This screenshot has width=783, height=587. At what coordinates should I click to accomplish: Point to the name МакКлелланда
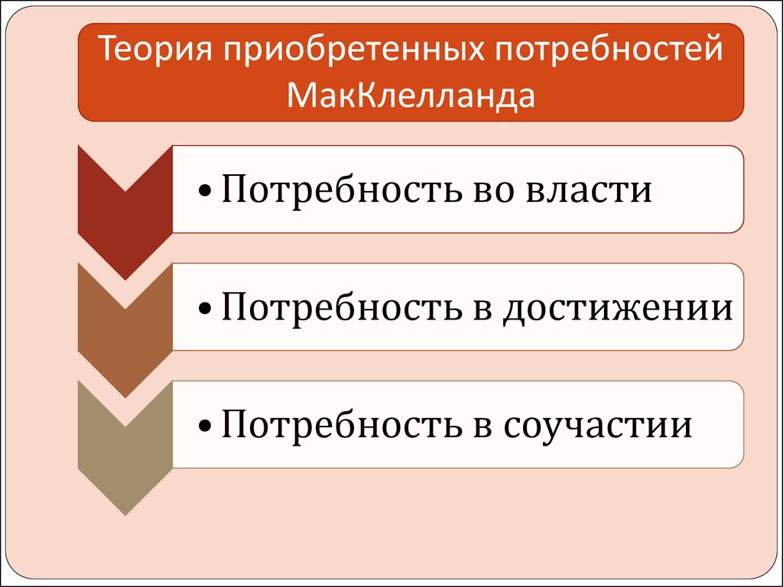411,95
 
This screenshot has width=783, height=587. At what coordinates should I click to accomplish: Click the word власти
589,190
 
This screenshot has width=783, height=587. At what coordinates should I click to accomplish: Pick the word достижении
617,307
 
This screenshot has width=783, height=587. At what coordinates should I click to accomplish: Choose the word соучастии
597,425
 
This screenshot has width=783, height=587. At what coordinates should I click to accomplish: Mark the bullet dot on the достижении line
205,309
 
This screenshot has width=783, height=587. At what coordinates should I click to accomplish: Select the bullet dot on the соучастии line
205,426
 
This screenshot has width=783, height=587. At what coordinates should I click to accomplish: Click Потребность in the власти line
341,190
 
